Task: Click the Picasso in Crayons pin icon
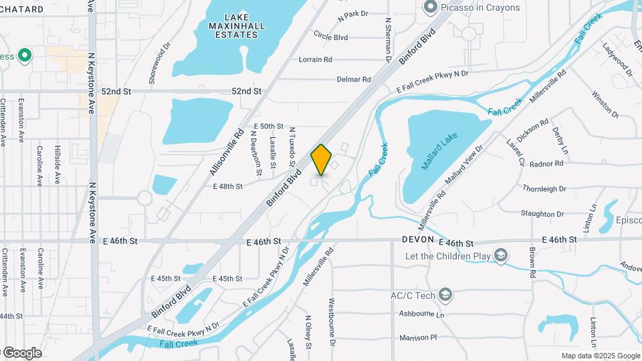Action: click(431, 7)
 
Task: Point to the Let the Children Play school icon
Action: click(501, 255)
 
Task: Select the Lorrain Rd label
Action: click(316, 59)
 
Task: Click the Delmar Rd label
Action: click(354, 79)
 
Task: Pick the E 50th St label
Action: click(269, 126)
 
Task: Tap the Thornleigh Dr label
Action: click(544, 189)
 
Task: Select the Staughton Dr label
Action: click(542, 214)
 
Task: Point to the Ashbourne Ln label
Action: click(421, 314)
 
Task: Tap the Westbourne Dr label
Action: click(331, 322)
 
